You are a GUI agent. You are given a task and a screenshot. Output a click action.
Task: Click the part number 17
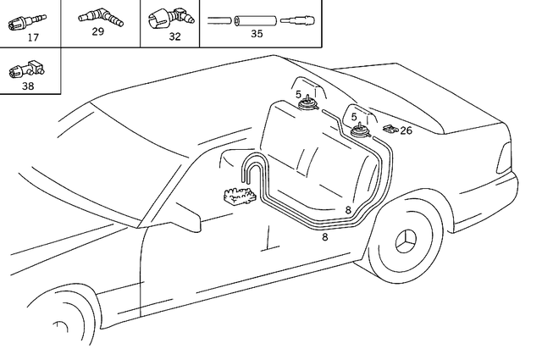pyautogui.click(x=33, y=38)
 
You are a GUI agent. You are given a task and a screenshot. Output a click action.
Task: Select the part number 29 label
pyautogui.click(x=98, y=32)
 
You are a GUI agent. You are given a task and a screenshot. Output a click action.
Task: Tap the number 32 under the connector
pyautogui.click(x=174, y=36)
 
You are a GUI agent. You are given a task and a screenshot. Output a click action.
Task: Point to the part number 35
pyautogui.click(x=257, y=34)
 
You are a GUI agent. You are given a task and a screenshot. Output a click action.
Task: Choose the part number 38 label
pyautogui.click(x=29, y=86)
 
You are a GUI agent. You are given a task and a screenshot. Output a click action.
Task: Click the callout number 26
pyautogui.click(x=406, y=130)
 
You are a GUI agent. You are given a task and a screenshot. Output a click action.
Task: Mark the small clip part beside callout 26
pyautogui.click(x=390, y=130)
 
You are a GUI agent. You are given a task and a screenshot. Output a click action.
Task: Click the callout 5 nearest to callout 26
pyautogui.click(x=354, y=116)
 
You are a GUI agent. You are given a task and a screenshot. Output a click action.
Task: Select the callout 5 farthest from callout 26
pyautogui.click(x=299, y=95)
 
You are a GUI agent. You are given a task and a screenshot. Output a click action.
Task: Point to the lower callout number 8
pyautogui.click(x=324, y=238)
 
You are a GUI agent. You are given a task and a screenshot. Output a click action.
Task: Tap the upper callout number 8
pyautogui.click(x=348, y=209)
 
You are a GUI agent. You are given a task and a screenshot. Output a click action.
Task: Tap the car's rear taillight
pyautogui.click(x=506, y=156)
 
